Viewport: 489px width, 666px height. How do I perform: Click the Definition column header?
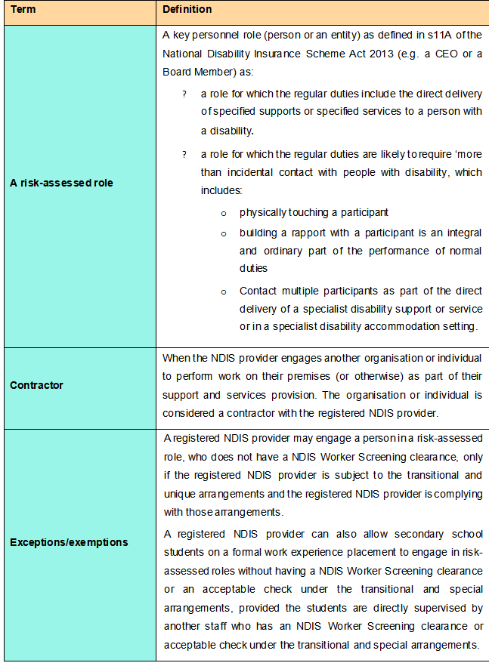coord(187,10)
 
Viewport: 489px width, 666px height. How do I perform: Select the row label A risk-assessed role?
coord(61,183)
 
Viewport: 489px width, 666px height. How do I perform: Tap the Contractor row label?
coord(36,385)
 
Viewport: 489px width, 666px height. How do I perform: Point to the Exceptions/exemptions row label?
coord(69,542)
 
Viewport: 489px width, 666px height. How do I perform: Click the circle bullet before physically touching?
coord(223,214)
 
